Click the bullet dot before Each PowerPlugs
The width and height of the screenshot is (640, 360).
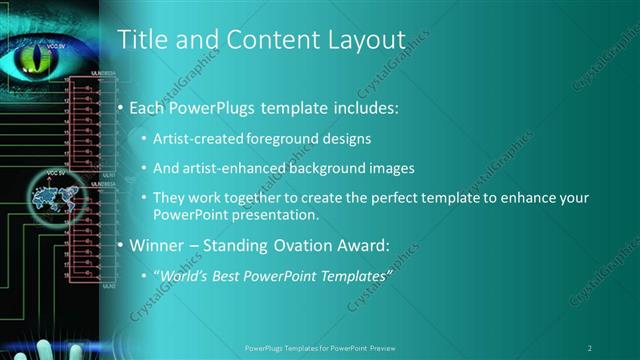pos(121,106)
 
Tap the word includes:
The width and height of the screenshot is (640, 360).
pos(363,106)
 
